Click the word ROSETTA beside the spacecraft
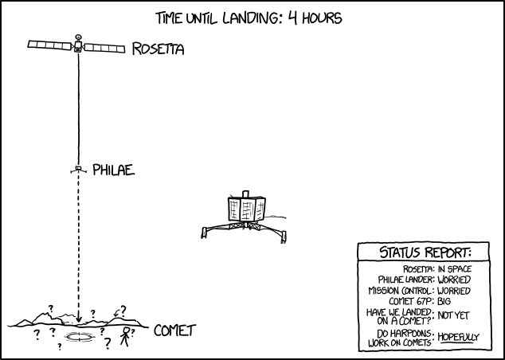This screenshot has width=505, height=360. (x=159, y=49)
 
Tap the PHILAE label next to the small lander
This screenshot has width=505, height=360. (x=114, y=170)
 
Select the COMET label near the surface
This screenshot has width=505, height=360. (x=175, y=331)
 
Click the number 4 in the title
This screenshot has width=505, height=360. (x=292, y=18)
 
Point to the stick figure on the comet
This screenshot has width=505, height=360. (x=125, y=336)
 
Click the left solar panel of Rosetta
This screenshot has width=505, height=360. (x=49, y=45)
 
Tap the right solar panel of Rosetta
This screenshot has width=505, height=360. (x=104, y=49)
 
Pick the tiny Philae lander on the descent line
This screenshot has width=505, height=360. (x=78, y=170)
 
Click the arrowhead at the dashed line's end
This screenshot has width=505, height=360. (x=78, y=319)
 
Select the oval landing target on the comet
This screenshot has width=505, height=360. (x=79, y=336)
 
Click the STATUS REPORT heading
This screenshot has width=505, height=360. (x=425, y=252)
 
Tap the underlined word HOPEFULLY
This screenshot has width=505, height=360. (x=458, y=337)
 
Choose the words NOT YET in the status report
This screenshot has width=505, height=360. (x=453, y=315)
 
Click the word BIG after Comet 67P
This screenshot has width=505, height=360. (x=444, y=301)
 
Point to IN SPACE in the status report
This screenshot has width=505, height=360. (x=455, y=269)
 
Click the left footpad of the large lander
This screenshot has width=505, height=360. (x=204, y=233)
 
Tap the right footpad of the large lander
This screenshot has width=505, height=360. (x=283, y=237)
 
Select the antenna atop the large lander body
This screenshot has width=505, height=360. (x=246, y=194)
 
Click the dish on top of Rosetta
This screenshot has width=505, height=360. (x=78, y=37)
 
